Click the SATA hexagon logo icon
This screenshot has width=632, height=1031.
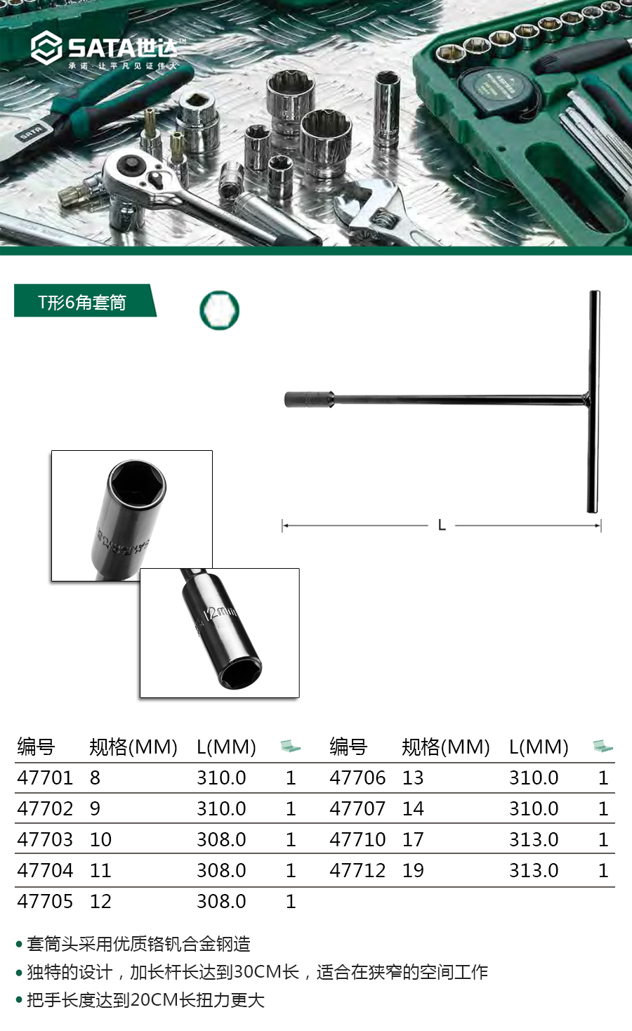coord(46,48)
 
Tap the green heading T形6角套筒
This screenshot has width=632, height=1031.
coord(82,303)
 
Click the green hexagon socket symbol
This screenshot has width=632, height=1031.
coord(220,310)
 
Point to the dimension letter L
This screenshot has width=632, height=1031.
coord(442,525)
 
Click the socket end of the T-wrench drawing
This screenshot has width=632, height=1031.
coord(309,399)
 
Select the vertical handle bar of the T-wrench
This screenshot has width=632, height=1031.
coord(594,401)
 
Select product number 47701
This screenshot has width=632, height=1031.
coord(45,777)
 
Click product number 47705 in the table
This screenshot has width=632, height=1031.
coord(45,901)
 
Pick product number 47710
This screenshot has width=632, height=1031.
coord(357,839)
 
